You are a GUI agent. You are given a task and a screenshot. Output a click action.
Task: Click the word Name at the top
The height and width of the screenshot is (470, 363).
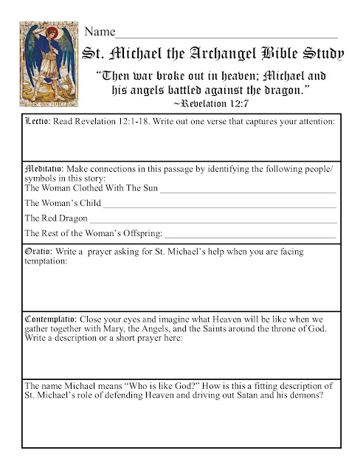coord(100,32)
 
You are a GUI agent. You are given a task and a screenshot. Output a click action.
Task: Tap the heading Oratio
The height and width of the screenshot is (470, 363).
coord(38,252)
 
